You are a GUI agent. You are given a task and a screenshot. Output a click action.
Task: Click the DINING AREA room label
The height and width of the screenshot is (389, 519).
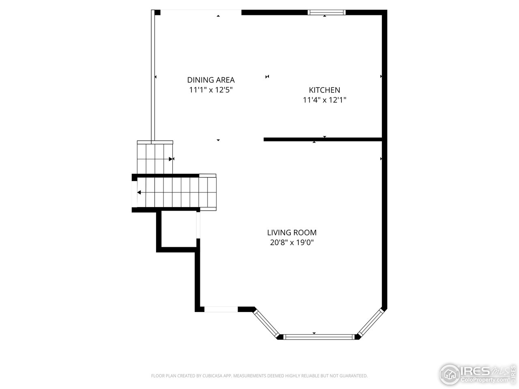211,80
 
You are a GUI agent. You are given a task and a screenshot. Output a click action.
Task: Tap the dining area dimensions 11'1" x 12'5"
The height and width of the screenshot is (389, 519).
211,90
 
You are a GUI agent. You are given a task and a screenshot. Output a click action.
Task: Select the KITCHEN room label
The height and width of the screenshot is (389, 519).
324,90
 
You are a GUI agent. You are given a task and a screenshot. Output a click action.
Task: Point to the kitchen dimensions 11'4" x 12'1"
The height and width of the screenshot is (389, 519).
324,100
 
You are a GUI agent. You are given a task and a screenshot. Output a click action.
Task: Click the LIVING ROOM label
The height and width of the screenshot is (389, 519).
292,233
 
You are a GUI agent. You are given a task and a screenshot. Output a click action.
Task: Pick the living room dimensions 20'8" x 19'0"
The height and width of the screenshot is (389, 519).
292,243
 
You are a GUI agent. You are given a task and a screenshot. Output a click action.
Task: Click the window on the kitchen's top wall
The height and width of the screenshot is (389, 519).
327,13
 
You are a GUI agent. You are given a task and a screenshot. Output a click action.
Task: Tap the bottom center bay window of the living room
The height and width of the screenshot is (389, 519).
319,336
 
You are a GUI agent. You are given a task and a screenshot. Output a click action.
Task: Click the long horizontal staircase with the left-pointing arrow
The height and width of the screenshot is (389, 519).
174,192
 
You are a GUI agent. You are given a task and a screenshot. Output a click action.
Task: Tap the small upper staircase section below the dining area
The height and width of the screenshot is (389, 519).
155,158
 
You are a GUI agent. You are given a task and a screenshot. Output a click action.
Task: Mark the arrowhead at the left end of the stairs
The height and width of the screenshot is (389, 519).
139,192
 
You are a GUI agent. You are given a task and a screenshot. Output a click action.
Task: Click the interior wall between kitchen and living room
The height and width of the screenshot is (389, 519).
323,139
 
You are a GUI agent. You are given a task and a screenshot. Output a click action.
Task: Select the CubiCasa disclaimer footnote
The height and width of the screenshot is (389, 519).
259,376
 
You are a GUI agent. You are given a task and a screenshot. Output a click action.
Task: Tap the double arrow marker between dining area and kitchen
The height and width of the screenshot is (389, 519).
267,77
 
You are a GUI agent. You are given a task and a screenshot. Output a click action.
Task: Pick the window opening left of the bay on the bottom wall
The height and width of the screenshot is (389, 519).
221,309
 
